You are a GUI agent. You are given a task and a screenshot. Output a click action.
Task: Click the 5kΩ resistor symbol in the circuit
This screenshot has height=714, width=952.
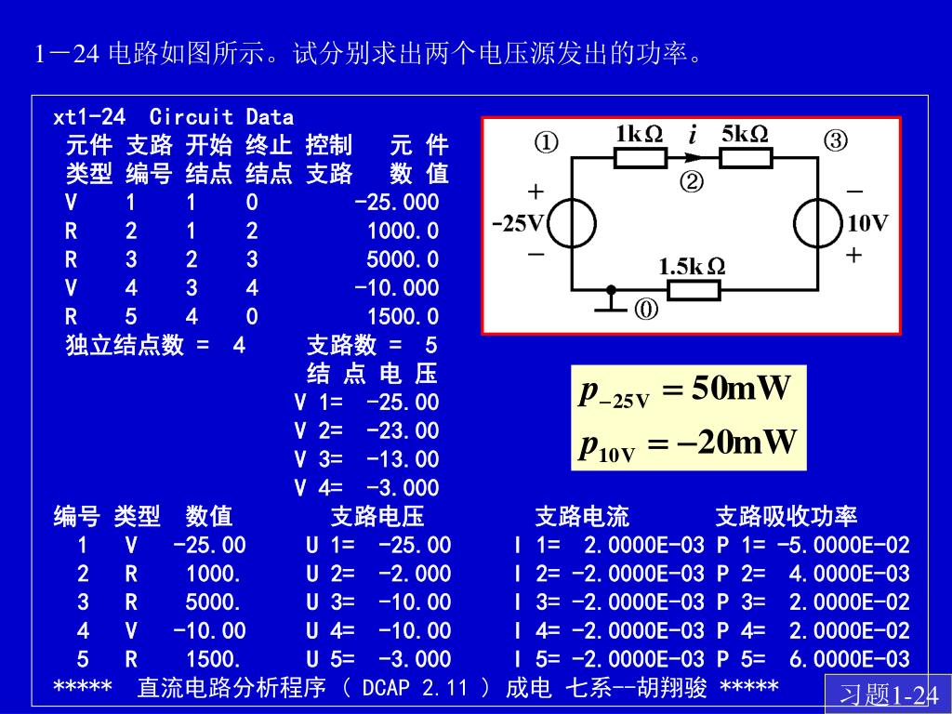click(x=746, y=157)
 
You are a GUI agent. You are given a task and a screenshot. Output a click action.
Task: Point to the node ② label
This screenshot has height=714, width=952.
click(x=692, y=182)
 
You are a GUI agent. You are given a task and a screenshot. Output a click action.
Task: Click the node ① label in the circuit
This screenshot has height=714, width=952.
click(x=546, y=141)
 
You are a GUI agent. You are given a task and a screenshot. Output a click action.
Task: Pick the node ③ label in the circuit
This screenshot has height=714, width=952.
click(x=835, y=141)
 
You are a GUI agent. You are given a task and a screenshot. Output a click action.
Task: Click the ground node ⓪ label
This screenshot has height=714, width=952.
click(x=647, y=311)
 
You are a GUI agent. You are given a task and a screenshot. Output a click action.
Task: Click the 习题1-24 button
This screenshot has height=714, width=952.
click(x=888, y=695)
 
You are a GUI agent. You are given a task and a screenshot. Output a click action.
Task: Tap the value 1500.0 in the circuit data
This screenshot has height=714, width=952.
click(x=402, y=317)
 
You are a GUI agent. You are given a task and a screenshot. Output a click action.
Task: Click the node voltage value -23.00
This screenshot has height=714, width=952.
click(x=402, y=431)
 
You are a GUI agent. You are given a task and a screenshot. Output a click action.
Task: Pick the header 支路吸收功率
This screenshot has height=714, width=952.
click(x=786, y=517)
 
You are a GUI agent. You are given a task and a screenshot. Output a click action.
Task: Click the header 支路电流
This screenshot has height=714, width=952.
click(x=581, y=517)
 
